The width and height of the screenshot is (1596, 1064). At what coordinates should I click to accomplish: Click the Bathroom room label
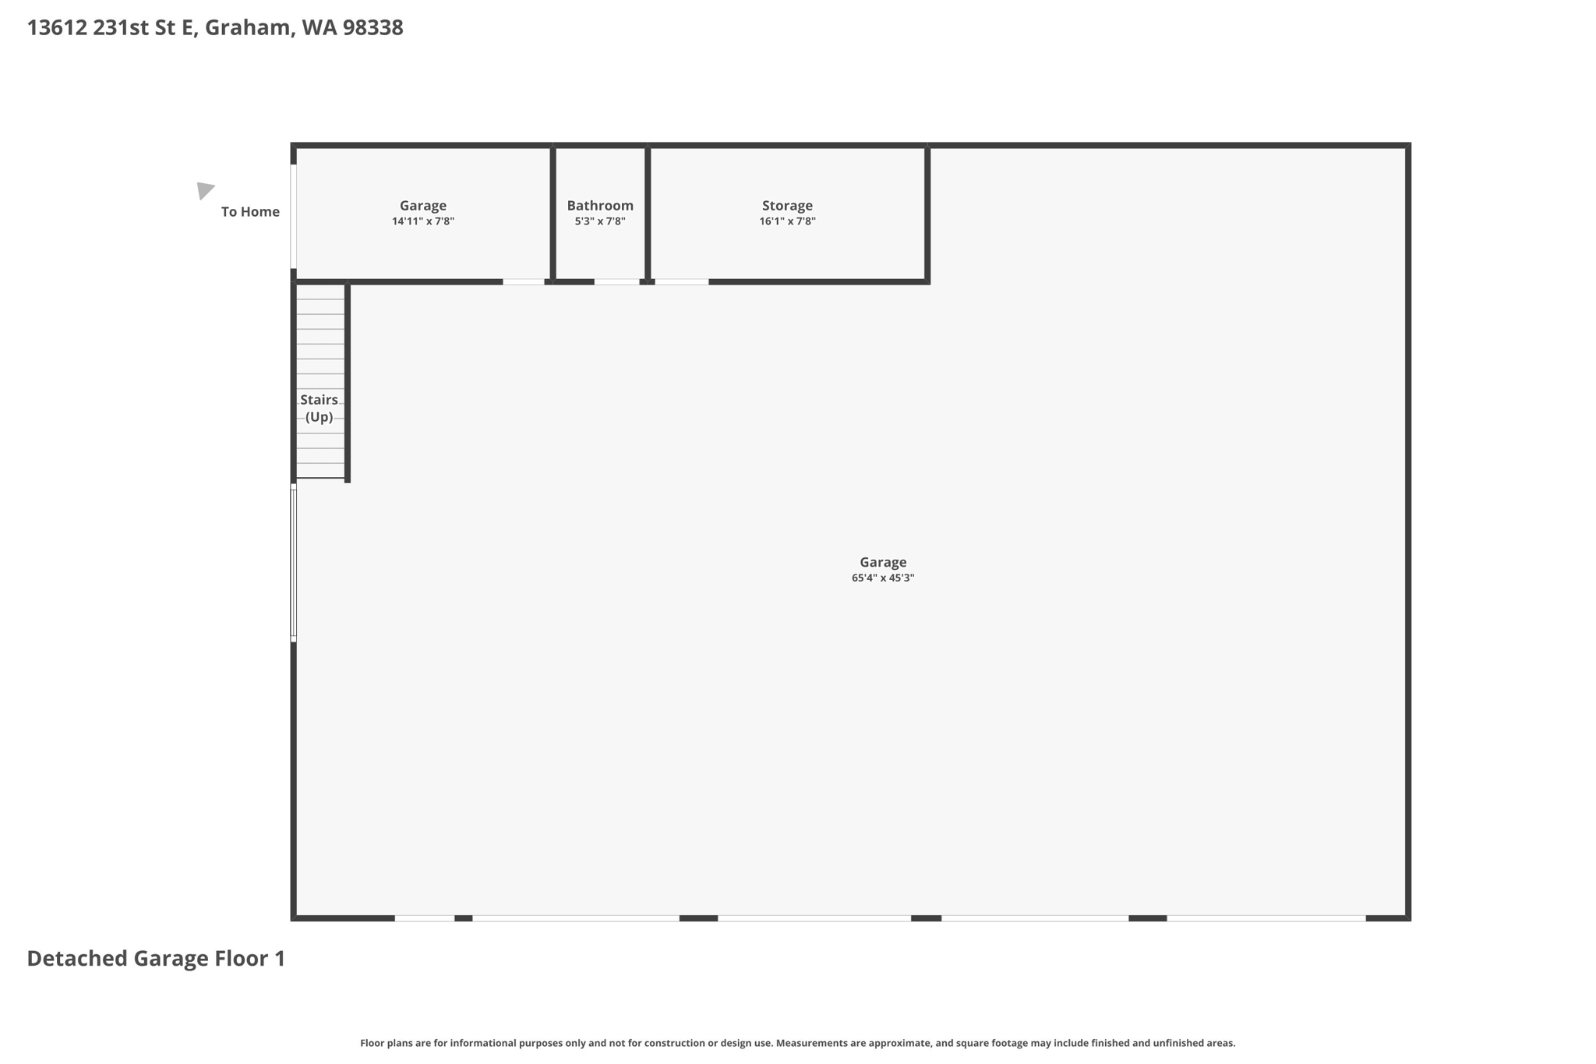[600, 206]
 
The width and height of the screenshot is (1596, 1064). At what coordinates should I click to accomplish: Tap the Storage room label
[787, 206]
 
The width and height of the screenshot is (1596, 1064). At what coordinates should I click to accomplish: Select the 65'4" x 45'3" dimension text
[882, 578]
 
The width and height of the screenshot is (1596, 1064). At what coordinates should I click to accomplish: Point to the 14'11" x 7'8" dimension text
[423, 221]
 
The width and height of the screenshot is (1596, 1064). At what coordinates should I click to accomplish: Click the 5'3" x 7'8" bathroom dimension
[600, 221]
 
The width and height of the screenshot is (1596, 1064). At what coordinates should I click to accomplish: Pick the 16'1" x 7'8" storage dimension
[787, 221]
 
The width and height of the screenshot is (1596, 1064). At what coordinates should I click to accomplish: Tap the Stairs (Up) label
[320, 408]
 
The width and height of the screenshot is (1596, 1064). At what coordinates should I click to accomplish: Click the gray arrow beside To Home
[205, 190]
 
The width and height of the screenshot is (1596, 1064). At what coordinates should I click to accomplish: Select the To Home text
[250, 212]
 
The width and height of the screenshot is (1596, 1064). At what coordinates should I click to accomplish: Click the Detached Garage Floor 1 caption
[156, 959]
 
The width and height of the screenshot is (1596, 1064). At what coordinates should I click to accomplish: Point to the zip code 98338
[373, 28]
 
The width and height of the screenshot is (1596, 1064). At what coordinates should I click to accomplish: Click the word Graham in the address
[249, 28]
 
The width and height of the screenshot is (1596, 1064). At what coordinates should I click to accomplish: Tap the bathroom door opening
[617, 281]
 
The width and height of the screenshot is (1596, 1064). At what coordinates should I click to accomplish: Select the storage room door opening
[681, 281]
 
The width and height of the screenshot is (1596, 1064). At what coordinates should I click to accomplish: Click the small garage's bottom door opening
[523, 281]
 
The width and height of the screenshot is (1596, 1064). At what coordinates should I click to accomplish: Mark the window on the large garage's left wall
[294, 563]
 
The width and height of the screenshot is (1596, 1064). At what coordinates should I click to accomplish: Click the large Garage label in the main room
[882, 562]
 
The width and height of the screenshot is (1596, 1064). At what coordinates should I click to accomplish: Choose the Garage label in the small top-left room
[423, 206]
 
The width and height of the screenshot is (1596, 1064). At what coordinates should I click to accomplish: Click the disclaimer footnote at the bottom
[797, 1043]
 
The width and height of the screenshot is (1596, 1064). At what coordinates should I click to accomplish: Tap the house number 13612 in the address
[57, 28]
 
